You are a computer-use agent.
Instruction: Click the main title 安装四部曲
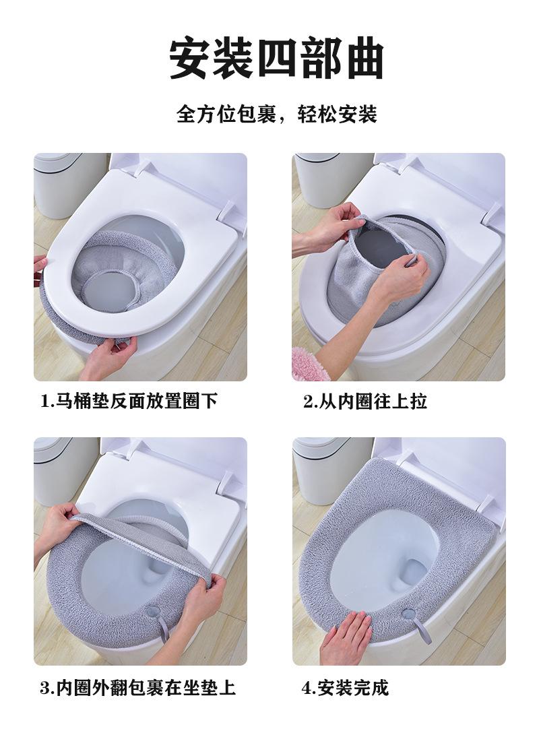[276, 59]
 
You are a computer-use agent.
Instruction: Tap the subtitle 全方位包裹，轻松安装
[276, 114]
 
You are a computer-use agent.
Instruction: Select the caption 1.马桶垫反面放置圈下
[129, 401]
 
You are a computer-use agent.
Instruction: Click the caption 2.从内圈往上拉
[365, 401]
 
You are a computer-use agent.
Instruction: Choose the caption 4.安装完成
[346, 688]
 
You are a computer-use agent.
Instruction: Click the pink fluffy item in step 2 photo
[306, 362]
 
